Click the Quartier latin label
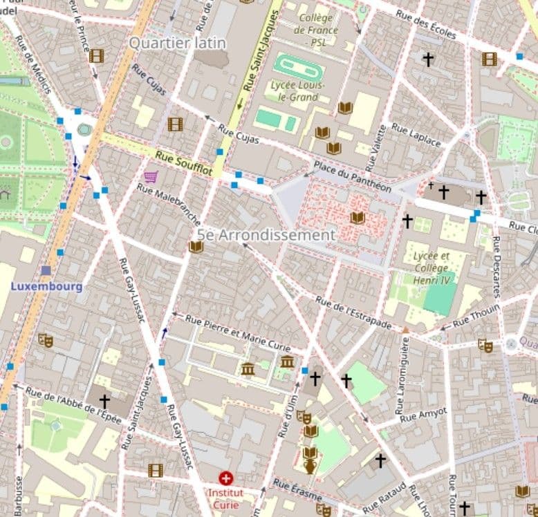point(178,43)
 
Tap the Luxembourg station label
point(46,286)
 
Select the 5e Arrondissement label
point(266,235)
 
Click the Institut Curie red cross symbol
point(225,478)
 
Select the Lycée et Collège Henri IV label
point(431,267)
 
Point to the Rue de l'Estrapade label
point(353,312)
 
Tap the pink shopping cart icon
point(151,176)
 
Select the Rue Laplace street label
point(416,135)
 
